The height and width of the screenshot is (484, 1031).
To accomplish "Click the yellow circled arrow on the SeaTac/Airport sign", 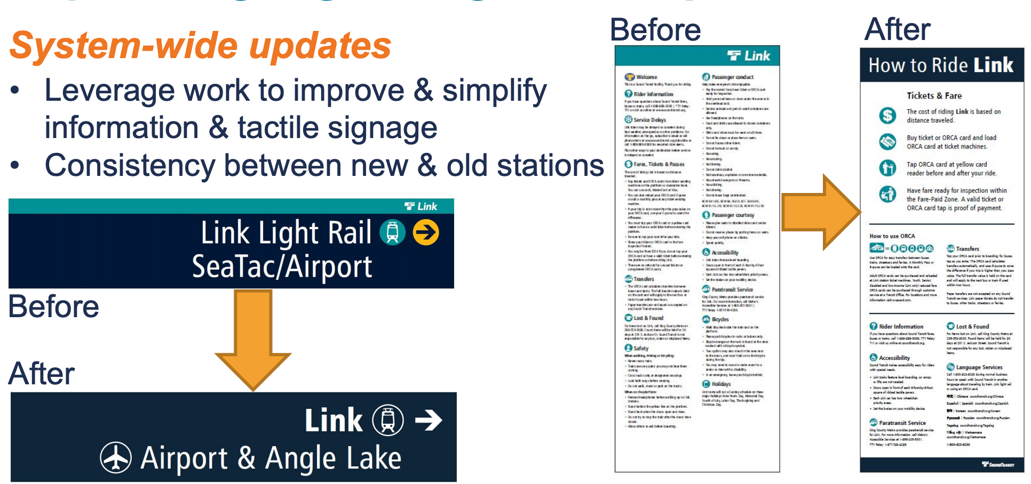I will (x=426, y=233).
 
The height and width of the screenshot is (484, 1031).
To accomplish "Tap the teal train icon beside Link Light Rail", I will (x=393, y=233).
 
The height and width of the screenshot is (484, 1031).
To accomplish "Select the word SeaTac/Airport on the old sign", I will (x=282, y=267).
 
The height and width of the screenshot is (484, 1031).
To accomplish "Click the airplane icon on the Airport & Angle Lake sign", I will (x=116, y=457).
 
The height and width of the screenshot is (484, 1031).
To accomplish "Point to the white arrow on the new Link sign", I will (x=429, y=420).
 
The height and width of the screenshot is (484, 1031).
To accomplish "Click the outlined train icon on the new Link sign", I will (x=388, y=420).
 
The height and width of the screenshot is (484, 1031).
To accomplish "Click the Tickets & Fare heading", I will (x=934, y=96).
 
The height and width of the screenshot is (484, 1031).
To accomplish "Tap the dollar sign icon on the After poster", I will (x=887, y=115).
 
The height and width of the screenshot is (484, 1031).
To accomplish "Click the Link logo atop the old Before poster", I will (x=749, y=56).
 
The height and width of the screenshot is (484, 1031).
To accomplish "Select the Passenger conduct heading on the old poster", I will (x=732, y=77).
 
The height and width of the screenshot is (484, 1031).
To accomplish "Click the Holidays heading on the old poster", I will (x=720, y=384).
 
